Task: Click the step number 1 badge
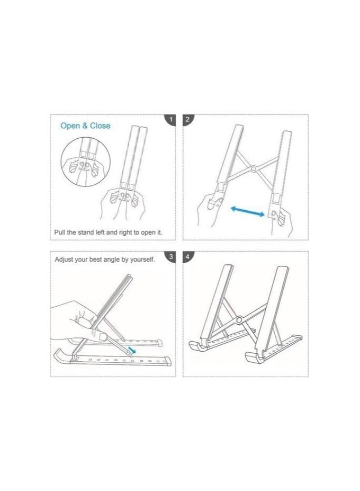(x=170, y=120)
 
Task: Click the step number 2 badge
(x=188, y=120)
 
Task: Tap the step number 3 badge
(x=170, y=257)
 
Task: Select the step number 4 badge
(x=188, y=257)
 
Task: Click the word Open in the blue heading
(x=69, y=126)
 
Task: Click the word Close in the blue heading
(x=100, y=126)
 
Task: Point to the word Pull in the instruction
(x=61, y=233)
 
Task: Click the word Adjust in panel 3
(x=65, y=260)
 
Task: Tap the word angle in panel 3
(x=118, y=260)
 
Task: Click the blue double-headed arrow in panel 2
(x=248, y=211)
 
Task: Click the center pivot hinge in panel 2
(x=255, y=169)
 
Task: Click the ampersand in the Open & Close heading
(x=85, y=126)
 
